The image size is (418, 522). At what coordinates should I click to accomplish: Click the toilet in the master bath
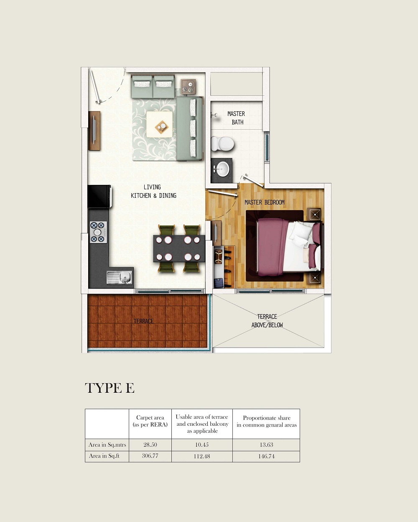click(x=222, y=143)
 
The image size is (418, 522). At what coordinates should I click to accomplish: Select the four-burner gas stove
click(x=98, y=232)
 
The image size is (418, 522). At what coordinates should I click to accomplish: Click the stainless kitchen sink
click(x=119, y=277)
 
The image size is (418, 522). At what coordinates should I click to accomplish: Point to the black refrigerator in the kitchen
click(x=99, y=196)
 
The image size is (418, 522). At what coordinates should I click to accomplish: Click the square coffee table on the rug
click(x=160, y=124)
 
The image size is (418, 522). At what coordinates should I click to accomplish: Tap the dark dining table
click(x=179, y=248)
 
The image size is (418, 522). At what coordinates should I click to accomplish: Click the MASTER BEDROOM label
click(x=265, y=202)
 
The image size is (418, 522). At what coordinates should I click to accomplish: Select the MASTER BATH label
click(x=236, y=118)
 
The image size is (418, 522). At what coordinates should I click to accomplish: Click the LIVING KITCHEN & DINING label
click(x=153, y=192)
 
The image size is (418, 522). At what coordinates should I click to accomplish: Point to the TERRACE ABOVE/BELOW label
click(x=267, y=321)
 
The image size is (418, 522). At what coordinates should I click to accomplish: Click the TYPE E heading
click(x=110, y=388)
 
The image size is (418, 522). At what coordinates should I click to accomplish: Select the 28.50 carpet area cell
click(x=150, y=445)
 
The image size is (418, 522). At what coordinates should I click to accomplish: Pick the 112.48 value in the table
click(x=202, y=456)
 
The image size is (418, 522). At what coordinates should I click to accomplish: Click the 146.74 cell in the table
click(x=266, y=456)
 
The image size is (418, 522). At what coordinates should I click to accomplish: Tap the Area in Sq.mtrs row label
click(x=107, y=445)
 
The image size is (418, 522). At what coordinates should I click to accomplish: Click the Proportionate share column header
click(x=266, y=421)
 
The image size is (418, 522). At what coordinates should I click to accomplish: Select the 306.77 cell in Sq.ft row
click(x=150, y=456)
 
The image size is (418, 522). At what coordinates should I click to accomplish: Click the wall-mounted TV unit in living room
click(x=94, y=131)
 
